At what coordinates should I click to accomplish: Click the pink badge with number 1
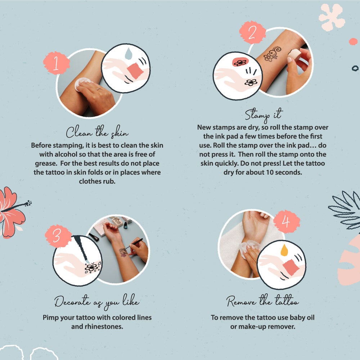point(57,63)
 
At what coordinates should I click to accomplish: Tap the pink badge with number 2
point(252,32)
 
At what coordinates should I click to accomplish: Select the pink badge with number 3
point(58,236)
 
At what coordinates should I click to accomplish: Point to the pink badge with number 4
point(286,221)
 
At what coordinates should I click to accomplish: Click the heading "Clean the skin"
point(97,132)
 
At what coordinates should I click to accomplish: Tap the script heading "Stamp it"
point(264,114)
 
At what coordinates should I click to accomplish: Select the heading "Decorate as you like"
point(97,301)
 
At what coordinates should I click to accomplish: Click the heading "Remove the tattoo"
point(262,300)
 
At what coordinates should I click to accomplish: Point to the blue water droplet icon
point(129,54)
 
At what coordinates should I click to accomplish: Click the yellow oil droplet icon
point(284,250)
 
